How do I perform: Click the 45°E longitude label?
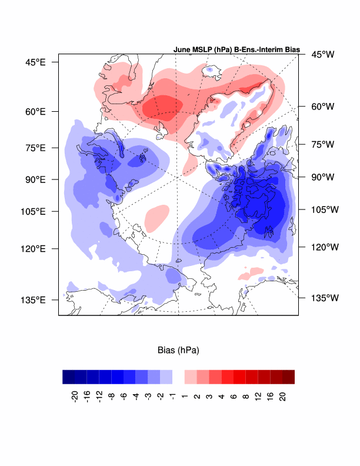(x=34, y=62)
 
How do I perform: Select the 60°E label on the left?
(x=34, y=112)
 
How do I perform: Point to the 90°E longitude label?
(x=34, y=179)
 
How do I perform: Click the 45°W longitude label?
(x=322, y=55)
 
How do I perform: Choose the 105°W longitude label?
(x=325, y=209)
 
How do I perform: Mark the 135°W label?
(x=325, y=298)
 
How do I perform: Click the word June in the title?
(x=184, y=50)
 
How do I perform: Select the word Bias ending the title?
(x=292, y=50)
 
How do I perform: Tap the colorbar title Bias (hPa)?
(x=178, y=350)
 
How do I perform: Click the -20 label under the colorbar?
(x=75, y=396)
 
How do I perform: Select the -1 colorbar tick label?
(x=171, y=394)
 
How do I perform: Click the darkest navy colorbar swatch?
(x=69, y=377)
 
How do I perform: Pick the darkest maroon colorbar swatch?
(x=288, y=377)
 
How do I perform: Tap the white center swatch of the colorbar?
(x=178, y=377)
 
